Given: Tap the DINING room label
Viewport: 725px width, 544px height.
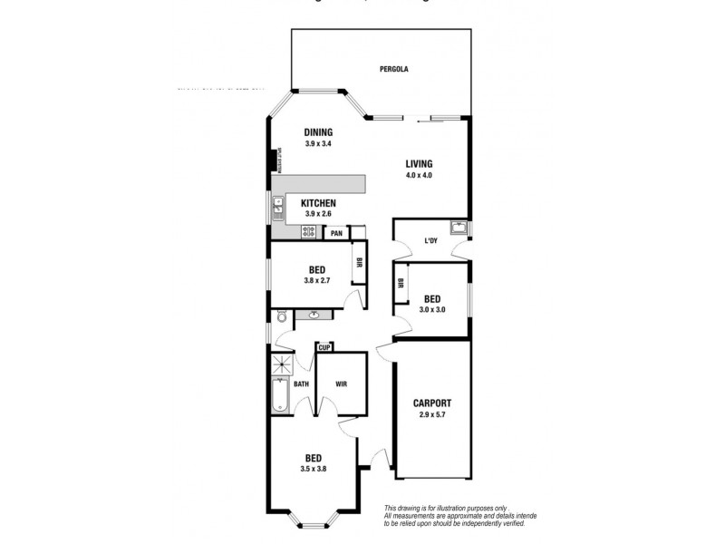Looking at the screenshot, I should pyautogui.click(x=317, y=131).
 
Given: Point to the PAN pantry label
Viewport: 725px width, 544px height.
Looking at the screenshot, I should pyautogui.click(x=336, y=233).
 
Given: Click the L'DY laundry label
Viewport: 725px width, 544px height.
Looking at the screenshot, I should pyautogui.click(x=431, y=241).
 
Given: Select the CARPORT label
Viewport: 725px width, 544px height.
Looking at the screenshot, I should pyautogui.click(x=431, y=403).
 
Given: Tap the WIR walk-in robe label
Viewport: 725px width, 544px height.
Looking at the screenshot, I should pyautogui.click(x=341, y=384).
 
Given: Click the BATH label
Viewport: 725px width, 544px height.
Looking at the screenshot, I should pyautogui.click(x=301, y=384).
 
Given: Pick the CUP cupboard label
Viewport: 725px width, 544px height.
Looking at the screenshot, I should pyautogui.click(x=323, y=347).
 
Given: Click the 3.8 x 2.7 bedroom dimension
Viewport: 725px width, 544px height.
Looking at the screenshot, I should pyautogui.click(x=317, y=281).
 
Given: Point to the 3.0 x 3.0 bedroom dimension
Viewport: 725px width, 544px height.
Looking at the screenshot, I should pyautogui.click(x=432, y=309).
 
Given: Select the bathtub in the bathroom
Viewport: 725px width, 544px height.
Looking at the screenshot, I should pyautogui.click(x=280, y=396).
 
